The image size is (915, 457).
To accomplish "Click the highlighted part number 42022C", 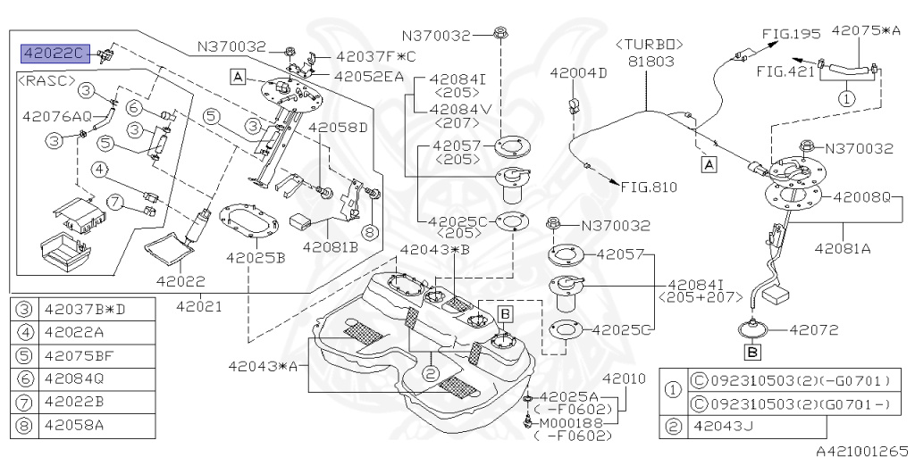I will point(55,54).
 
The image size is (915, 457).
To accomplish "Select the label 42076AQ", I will point(57,115).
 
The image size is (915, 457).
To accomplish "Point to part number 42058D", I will point(338,128).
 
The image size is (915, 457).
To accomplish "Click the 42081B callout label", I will point(330,246).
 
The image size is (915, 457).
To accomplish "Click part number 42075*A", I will point(866,29).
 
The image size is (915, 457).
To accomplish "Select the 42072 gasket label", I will point(812,328).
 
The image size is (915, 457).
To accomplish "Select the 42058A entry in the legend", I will point(74,425).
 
